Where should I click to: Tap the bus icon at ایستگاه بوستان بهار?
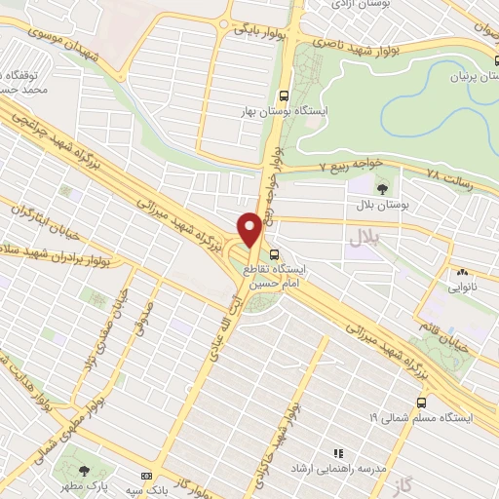tap(284, 96)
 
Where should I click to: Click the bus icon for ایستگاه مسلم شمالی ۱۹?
tap(421, 402)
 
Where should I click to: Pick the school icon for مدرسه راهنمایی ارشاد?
tap(338, 453)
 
